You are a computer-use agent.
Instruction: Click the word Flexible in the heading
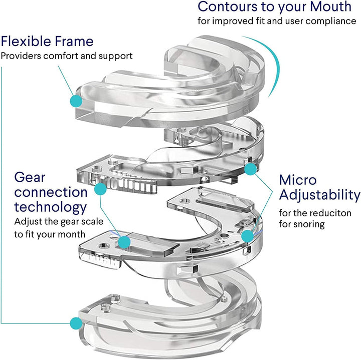(28, 41)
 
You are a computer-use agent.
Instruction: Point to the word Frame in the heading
(74, 41)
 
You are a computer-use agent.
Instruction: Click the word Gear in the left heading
(28, 177)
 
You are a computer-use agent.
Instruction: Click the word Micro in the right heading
(296, 180)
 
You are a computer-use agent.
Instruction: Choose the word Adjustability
(319, 195)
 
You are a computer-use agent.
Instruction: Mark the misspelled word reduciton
(333, 213)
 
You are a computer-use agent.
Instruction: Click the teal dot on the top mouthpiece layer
(76, 100)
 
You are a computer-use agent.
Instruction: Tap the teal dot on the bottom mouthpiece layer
(76, 322)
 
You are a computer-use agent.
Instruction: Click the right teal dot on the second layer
(249, 169)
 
